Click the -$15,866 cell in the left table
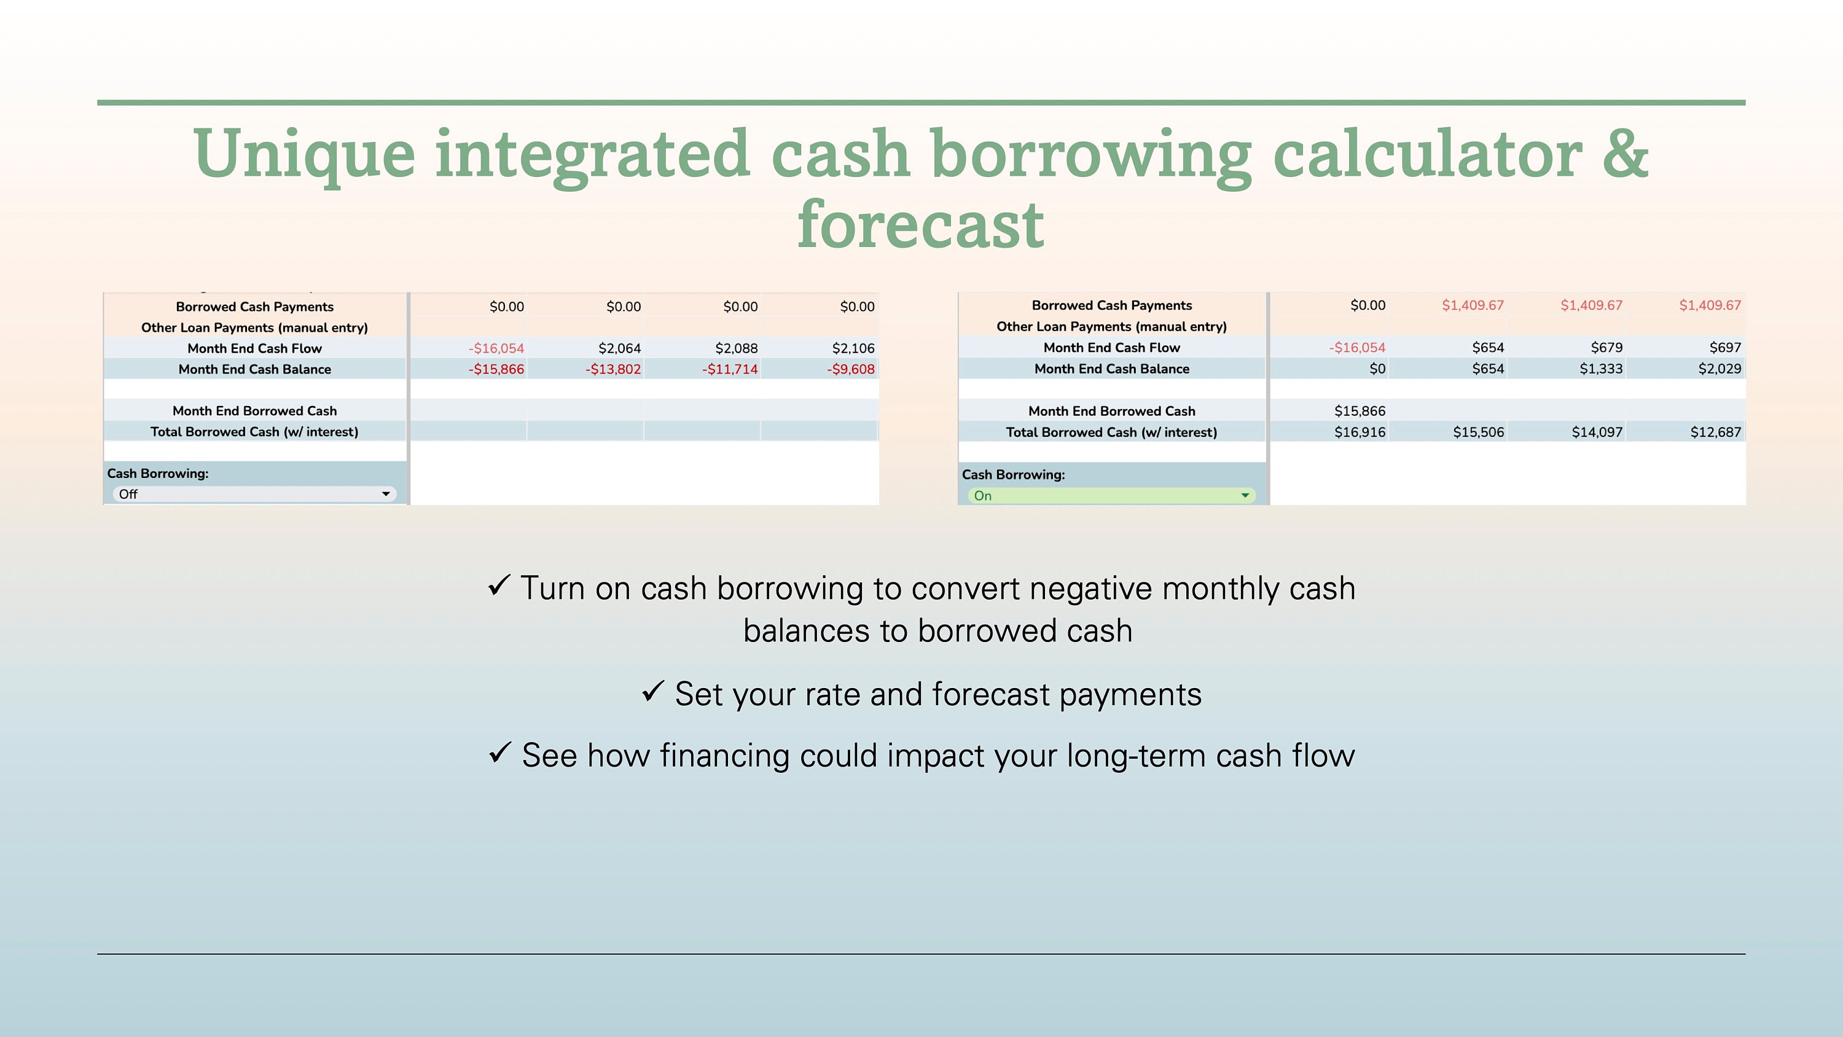coord(496,369)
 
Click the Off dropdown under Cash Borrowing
coord(254,495)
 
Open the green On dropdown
coord(1111,496)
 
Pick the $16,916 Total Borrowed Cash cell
coord(1360,432)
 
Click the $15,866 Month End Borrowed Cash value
coord(1360,412)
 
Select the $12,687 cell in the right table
coord(1715,432)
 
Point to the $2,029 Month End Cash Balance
coord(1720,369)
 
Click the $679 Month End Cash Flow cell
coord(1606,348)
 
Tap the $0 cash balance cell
coord(1377,369)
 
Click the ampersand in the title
coord(1625,153)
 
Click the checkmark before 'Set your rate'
coord(652,691)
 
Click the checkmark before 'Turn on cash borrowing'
coord(499,585)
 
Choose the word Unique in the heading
coord(304,153)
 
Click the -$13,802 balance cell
coord(612,369)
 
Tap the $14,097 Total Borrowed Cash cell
coord(1596,432)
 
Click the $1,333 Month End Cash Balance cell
coord(1600,369)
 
